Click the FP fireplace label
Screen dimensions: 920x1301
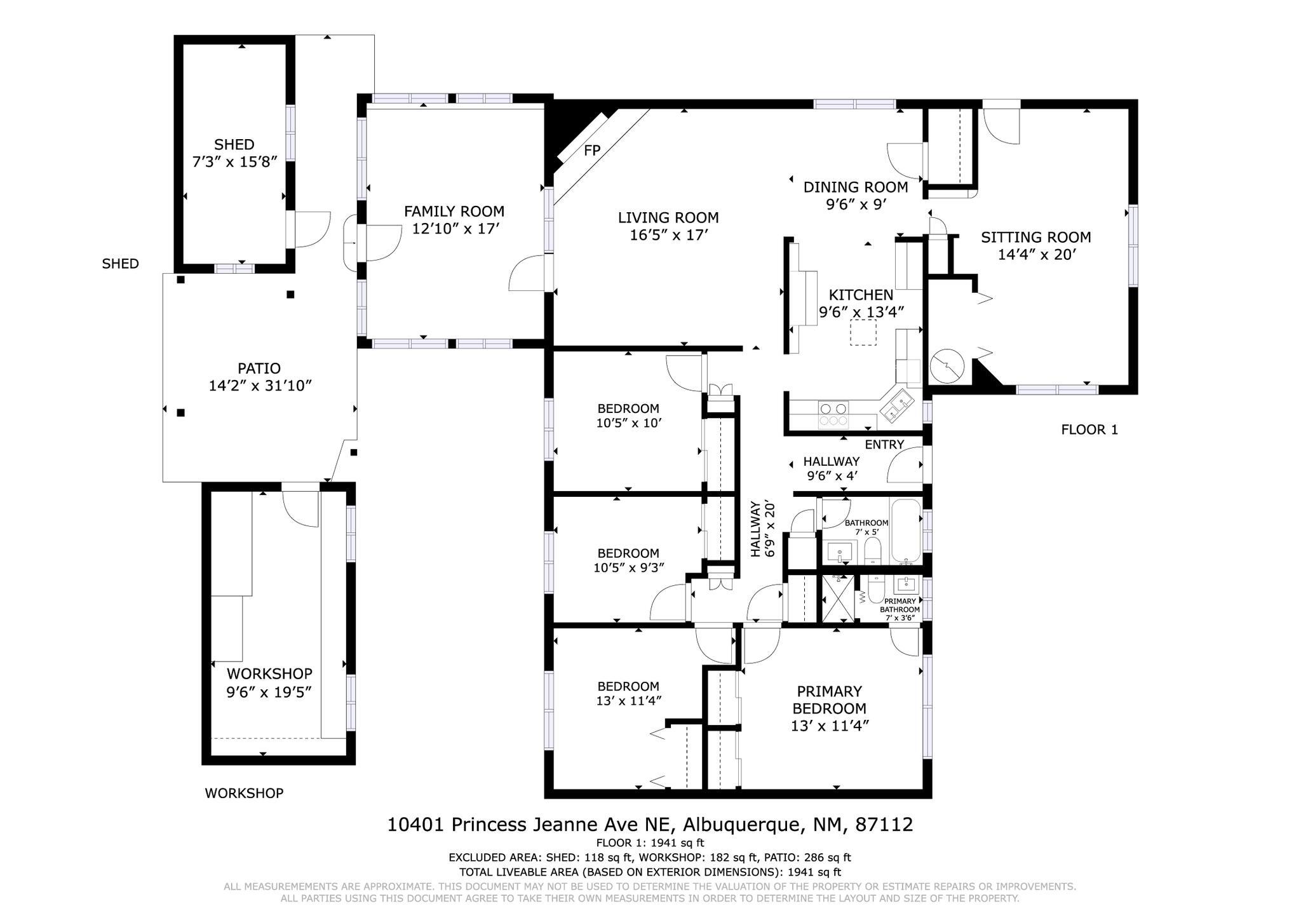click(592, 151)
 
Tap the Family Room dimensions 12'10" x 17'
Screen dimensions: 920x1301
click(454, 229)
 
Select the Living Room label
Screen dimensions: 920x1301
click(668, 218)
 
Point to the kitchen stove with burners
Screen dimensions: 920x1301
click(833, 414)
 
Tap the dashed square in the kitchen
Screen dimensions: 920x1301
click(863, 332)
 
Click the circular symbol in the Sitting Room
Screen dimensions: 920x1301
click(947, 367)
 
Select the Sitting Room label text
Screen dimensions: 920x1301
click(1035, 238)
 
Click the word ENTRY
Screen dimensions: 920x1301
click(884, 445)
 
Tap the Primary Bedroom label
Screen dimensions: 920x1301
click(829, 700)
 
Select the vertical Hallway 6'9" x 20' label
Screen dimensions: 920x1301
click(763, 529)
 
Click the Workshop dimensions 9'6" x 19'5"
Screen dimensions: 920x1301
click(269, 692)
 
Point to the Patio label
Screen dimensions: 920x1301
click(259, 369)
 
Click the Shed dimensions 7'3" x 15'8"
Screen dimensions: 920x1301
click(234, 162)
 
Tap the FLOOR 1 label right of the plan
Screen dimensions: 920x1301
click(1089, 430)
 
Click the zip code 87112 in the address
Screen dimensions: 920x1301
click(884, 825)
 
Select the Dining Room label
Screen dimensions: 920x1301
click(855, 187)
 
